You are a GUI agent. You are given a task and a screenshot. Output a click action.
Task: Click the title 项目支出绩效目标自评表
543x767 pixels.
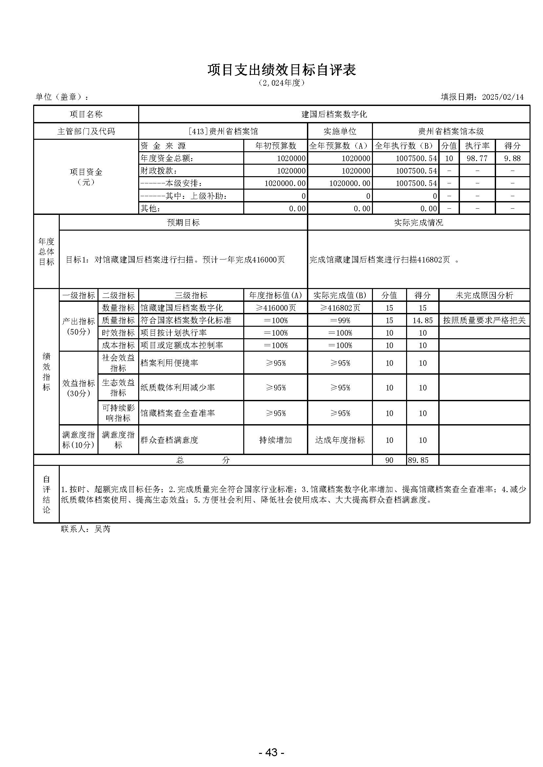coord(282,70)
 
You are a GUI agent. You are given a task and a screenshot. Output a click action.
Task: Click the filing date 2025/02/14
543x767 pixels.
coord(503,97)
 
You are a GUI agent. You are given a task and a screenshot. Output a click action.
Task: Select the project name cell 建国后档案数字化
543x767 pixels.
coord(334,114)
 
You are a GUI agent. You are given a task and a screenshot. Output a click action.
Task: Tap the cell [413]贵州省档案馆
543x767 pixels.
coord(223,131)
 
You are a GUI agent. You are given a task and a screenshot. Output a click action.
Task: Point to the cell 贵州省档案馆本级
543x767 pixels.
coord(451,131)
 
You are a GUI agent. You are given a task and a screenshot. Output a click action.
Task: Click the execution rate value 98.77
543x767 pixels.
coord(477,158)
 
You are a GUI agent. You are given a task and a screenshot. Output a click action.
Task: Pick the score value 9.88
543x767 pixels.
coord(512,158)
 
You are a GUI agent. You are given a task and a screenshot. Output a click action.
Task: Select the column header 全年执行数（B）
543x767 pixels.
coord(405,146)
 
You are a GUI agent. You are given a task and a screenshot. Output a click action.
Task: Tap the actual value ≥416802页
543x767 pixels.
coord(340,308)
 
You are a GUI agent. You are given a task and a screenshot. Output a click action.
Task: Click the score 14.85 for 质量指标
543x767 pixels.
coord(422,321)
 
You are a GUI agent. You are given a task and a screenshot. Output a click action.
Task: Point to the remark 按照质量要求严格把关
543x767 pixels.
coord(484,321)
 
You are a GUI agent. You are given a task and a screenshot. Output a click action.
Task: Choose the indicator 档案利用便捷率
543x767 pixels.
coord(169,363)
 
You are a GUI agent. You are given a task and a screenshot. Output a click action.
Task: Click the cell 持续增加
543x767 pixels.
coord(275,440)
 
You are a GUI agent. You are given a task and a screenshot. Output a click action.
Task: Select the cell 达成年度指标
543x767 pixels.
coord(340,440)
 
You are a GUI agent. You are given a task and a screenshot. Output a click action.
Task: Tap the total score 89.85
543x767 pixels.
coord(418,460)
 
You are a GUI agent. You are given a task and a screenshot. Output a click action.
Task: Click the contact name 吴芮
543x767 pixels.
coord(102,529)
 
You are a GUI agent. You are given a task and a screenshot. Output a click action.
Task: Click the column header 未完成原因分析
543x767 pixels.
coord(484,295)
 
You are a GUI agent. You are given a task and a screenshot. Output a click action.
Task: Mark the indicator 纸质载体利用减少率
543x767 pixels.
coord(178,387)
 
